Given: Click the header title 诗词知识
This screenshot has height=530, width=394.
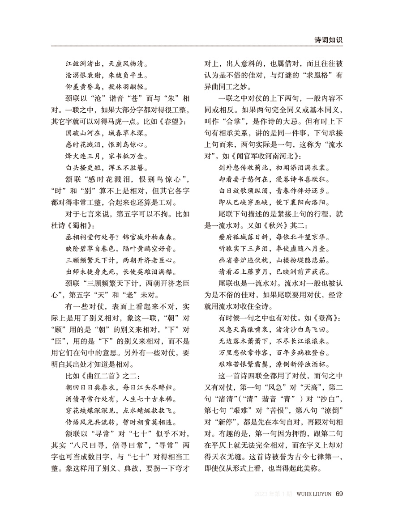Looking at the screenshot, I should coord(328,40).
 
